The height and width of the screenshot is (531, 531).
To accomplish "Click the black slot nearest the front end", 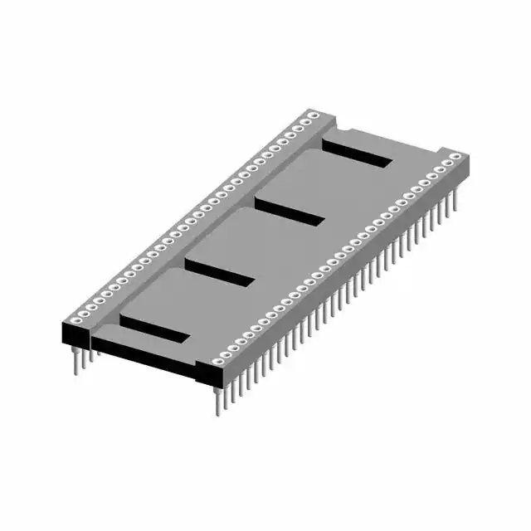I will pyautogui.click(x=154, y=328).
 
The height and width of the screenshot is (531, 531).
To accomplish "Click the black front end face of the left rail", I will pyautogui.click(x=76, y=334).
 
